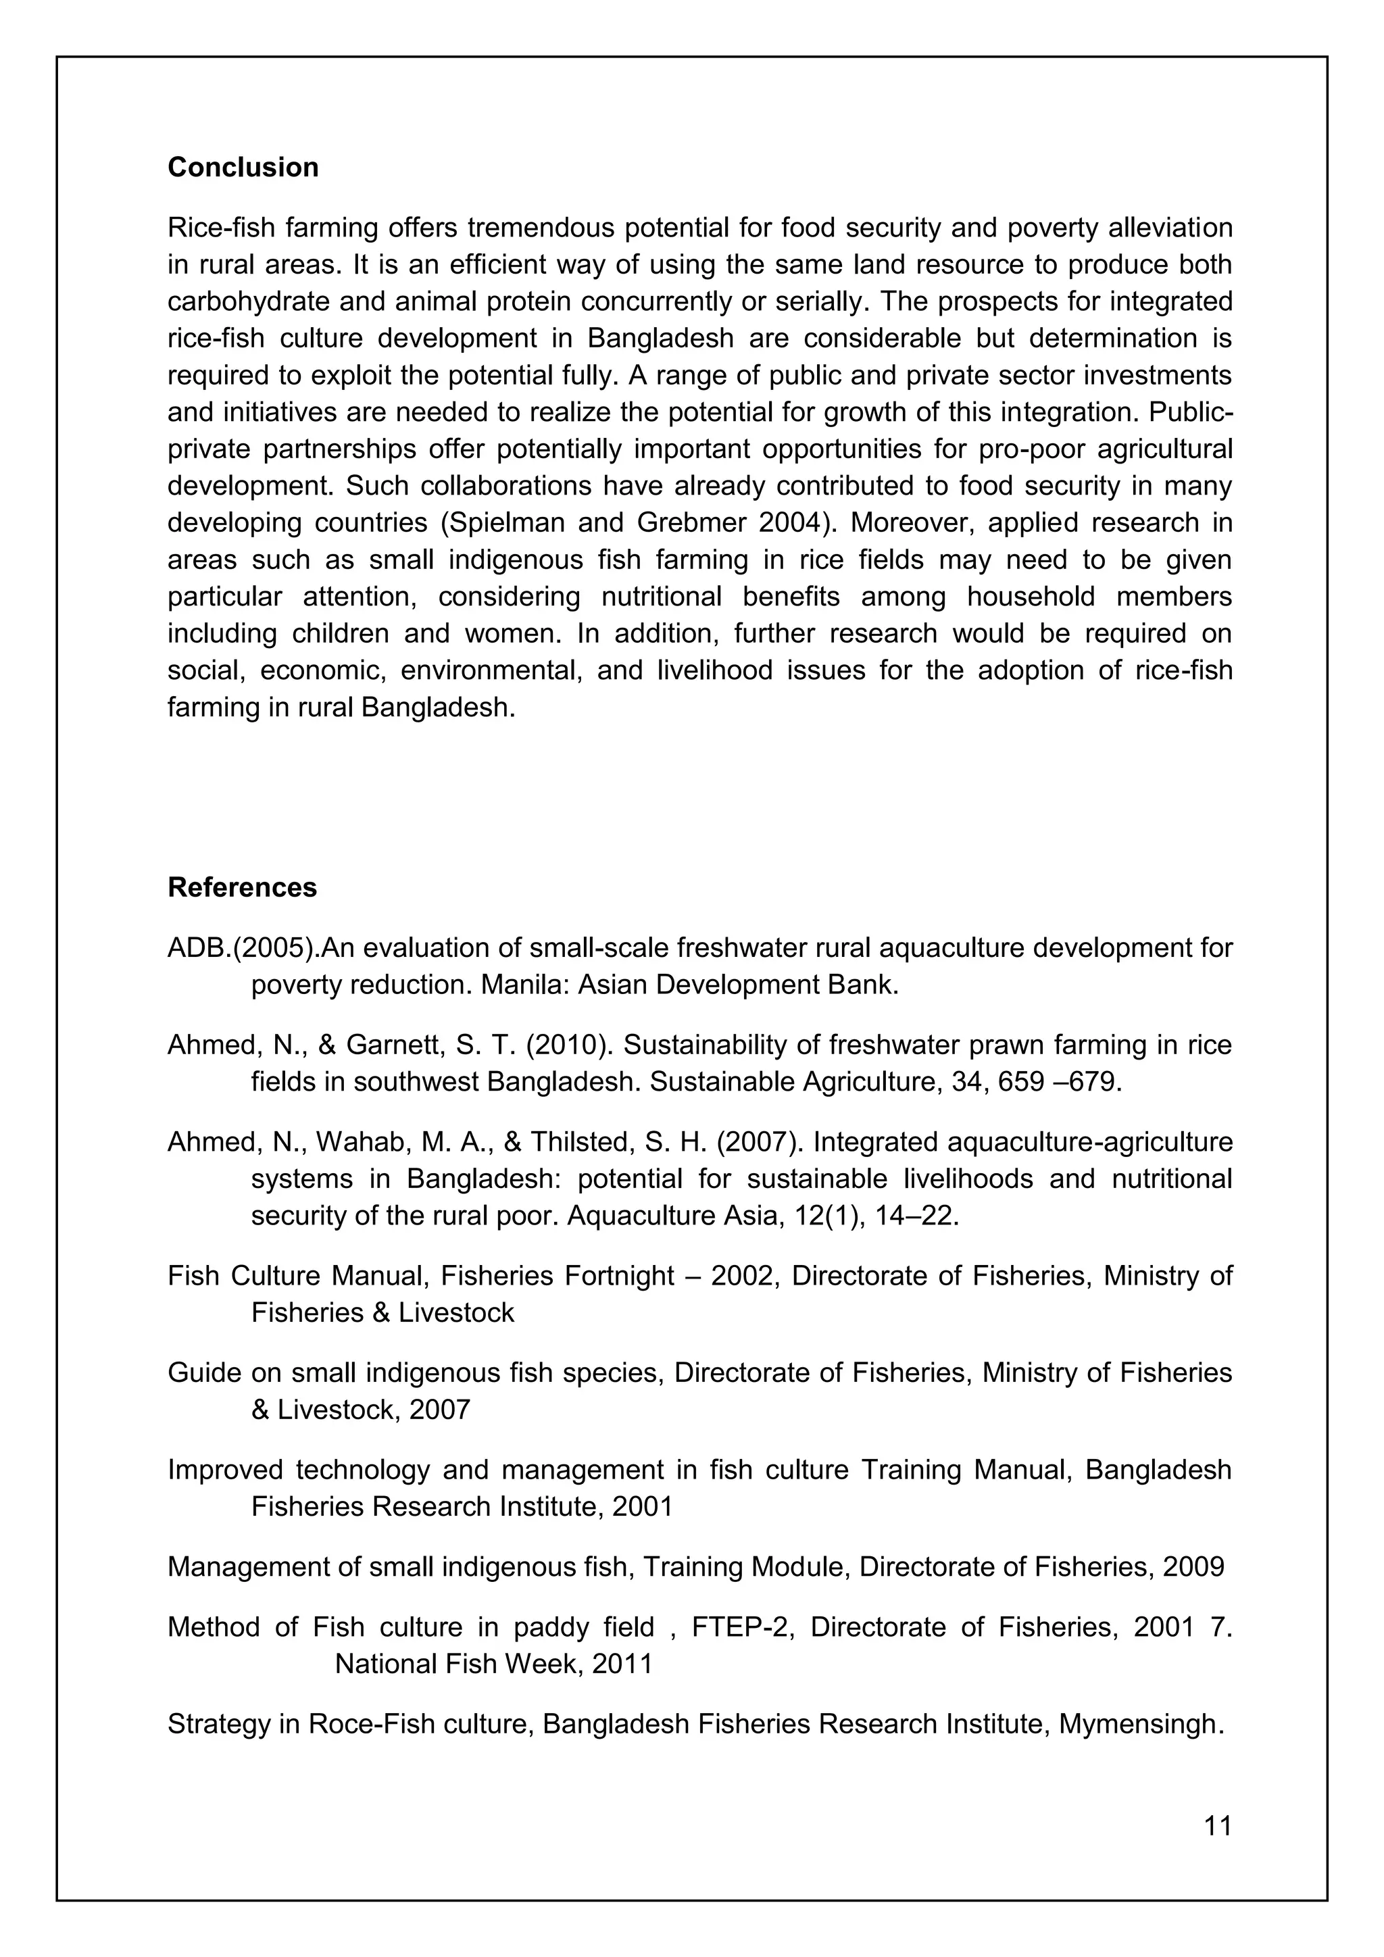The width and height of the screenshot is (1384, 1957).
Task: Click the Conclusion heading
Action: (243, 167)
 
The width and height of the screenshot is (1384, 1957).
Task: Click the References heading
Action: (242, 887)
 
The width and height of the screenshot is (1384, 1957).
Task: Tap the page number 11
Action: (1218, 1826)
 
